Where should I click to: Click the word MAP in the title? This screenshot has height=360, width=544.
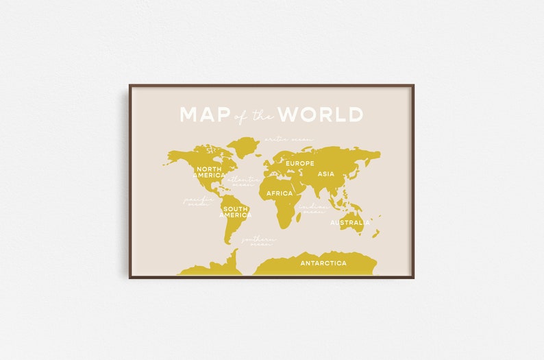[x=203, y=115]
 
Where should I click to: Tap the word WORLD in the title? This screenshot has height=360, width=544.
[x=321, y=115]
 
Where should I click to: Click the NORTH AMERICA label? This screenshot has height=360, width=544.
[x=209, y=171]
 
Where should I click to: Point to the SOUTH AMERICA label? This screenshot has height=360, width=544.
[x=235, y=212]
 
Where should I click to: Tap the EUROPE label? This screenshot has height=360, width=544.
[x=299, y=163]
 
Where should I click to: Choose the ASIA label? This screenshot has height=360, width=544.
[x=326, y=174]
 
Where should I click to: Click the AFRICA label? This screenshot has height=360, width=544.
[x=280, y=193]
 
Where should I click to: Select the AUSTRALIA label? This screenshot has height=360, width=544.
[x=350, y=223]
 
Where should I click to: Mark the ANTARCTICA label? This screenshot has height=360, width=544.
[x=323, y=263]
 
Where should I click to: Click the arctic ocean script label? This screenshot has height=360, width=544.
[x=288, y=139]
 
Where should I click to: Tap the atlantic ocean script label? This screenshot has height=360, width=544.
[x=243, y=181]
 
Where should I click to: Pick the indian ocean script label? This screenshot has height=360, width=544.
[x=312, y=208]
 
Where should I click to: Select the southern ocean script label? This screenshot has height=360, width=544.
[x=258, y=241]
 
